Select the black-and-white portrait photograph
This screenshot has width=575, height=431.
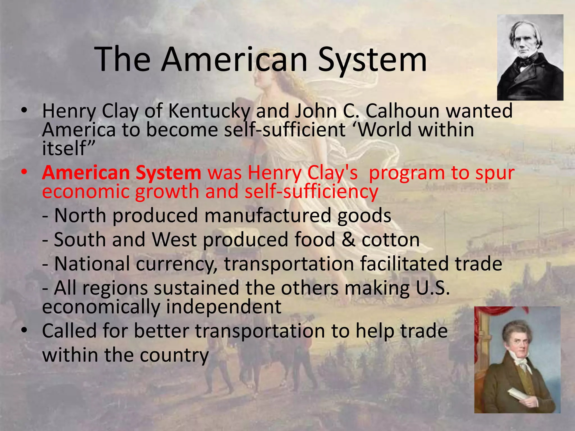tap(530, 58)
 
